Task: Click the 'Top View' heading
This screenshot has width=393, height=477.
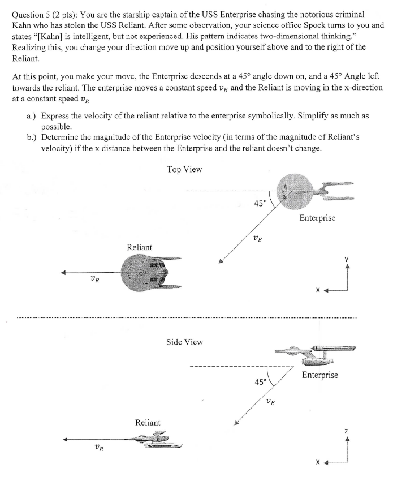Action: click(184, 169)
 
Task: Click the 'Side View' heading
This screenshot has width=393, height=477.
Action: click(184, 342)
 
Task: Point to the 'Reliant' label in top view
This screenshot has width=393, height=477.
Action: click(139, 247)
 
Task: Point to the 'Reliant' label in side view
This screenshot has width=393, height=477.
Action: click(147, 422)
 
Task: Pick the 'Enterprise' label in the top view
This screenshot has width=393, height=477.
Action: click(317, 218)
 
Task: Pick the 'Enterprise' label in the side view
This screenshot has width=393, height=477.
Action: click(319, 375)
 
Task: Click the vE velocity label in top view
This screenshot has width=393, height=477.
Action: click(257, 239)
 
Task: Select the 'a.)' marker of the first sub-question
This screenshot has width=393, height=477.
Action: click(32, 115)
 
